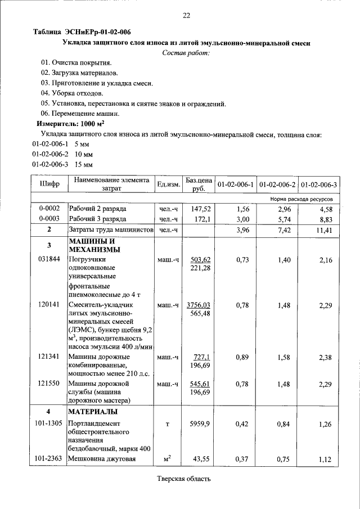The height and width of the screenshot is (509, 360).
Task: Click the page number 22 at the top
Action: (186, 15)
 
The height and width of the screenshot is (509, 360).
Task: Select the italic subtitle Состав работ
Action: (185, 53)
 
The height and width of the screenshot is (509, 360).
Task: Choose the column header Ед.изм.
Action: (168, 184)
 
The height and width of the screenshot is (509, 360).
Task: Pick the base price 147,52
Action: (200, 208)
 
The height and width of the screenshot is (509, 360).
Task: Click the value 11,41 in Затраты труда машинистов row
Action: (326, 230)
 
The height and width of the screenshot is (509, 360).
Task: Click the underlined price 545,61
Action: (200, 384)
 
